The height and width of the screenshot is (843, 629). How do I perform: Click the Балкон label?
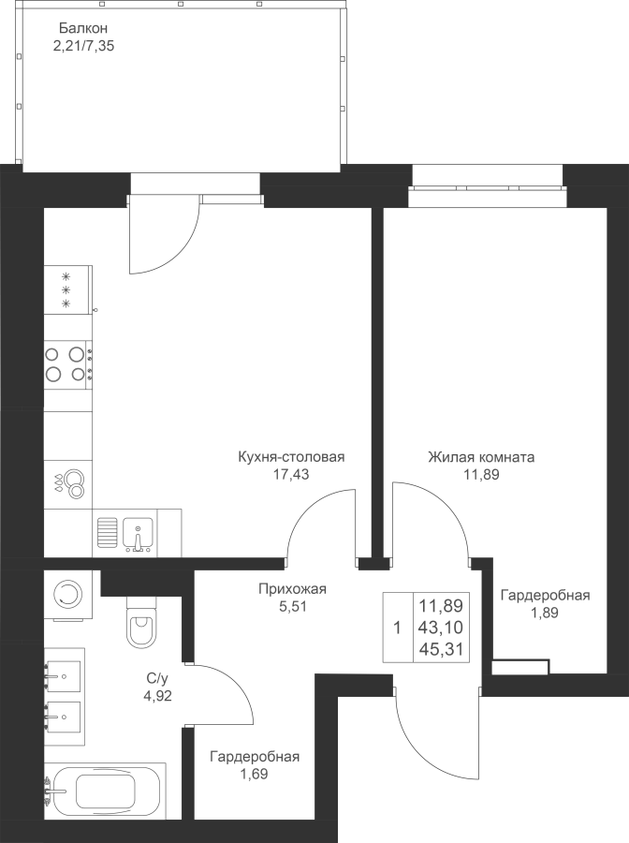83,28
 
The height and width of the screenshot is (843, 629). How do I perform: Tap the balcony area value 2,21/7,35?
83,46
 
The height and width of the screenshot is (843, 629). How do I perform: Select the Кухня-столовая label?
291,457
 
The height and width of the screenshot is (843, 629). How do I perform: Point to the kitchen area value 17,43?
291,475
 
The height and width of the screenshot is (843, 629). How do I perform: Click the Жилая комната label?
481,457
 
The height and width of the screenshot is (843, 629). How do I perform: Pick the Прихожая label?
292,589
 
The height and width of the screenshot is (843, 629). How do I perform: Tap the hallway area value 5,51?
292,607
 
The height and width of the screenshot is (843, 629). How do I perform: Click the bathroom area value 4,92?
157,697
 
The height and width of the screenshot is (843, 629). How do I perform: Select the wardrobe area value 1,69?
255,775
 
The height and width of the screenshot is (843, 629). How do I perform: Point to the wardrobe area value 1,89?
545,613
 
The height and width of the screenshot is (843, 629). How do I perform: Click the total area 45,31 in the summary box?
441,649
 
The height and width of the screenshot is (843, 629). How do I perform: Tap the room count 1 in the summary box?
398,628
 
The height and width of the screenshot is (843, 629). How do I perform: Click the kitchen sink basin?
138,533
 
